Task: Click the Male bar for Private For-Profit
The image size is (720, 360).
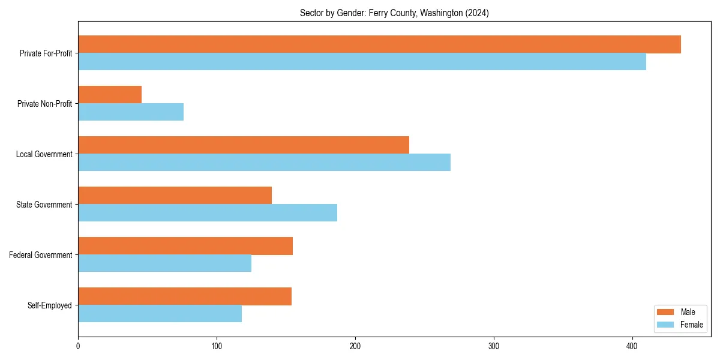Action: tap(379, 44)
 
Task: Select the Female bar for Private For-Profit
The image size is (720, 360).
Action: tap(362, 62)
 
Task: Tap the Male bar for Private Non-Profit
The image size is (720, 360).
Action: tap(110, 95)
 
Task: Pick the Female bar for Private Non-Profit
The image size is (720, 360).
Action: tap(131, 112)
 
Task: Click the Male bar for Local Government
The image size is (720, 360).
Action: tap(244, 145)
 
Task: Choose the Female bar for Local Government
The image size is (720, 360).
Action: tap(264, 163)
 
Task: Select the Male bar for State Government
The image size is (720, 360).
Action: tap(175, 196)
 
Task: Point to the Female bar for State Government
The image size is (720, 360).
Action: tap(208, 213)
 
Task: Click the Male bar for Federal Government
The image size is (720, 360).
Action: tap(185, 246)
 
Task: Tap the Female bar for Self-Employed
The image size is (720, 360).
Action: tap(160, 314)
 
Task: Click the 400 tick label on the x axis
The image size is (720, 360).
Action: tap(632, 346)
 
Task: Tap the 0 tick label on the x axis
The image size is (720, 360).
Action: tap(78, 346)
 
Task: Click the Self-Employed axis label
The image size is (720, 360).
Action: tap(50, 305)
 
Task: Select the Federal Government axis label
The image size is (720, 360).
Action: tap(41, 255)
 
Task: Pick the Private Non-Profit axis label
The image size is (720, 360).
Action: tap(44, 104)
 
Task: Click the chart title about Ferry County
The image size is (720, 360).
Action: tap(394, 13)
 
